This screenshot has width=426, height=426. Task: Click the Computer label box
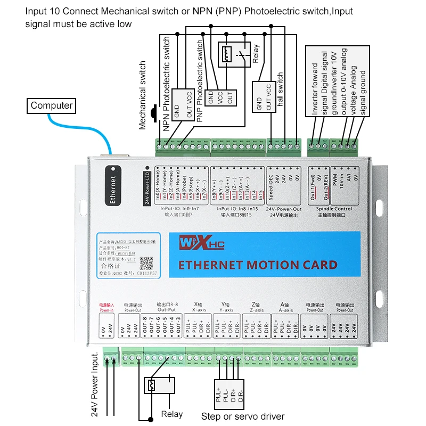51,105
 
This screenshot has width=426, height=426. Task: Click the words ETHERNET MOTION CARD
257,265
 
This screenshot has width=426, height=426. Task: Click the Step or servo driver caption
242,416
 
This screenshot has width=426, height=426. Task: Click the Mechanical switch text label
143,96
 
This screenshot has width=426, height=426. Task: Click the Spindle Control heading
334,209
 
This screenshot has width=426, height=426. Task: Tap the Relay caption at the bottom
171,414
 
